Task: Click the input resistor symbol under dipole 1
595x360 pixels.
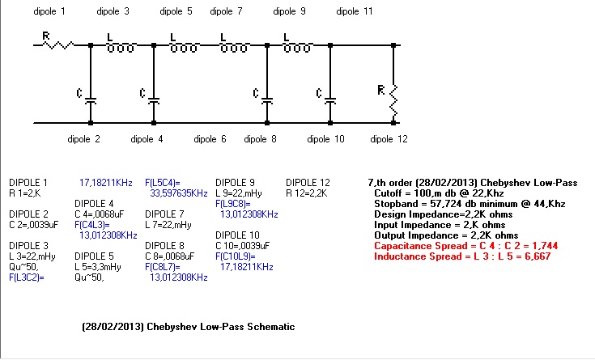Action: pyautogui.click(x=58, y=45)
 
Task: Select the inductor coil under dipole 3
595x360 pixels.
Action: pyautogui.click(x=121, y=48)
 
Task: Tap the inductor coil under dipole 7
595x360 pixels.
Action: pyautogui.click(x=234, y=48)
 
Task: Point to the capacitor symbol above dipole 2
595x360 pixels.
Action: pyautogui.click(x=91, y=101)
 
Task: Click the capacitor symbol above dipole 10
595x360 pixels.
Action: pyautogui.click(x=330, y=101)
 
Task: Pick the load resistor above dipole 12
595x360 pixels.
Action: pyautogui.click(x=393, y=100)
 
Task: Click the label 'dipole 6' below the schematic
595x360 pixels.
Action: pyautogui.click(x=210, y=139)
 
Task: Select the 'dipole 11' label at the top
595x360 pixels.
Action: pyautogui.click(x=355, y=11)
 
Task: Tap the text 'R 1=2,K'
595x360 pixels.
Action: pyautogui.click(x=24, y=193)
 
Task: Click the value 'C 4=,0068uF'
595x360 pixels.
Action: pyautogui.click(x=99, y=214)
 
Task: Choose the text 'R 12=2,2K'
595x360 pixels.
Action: pyautogui.click(x=306, y=193)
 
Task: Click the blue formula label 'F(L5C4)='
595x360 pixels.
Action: pyautogui.click(x=163, y=183)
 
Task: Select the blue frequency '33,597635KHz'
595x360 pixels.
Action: pyautogui.click(x=179, y=193)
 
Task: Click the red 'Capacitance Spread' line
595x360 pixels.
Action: pyautogui.click(x=466, y=246)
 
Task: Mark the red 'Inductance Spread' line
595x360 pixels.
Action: pyautogui.click(x=462, y=256)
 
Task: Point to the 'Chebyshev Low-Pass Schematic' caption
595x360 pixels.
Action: pyautogui.click(x=221, y=327)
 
